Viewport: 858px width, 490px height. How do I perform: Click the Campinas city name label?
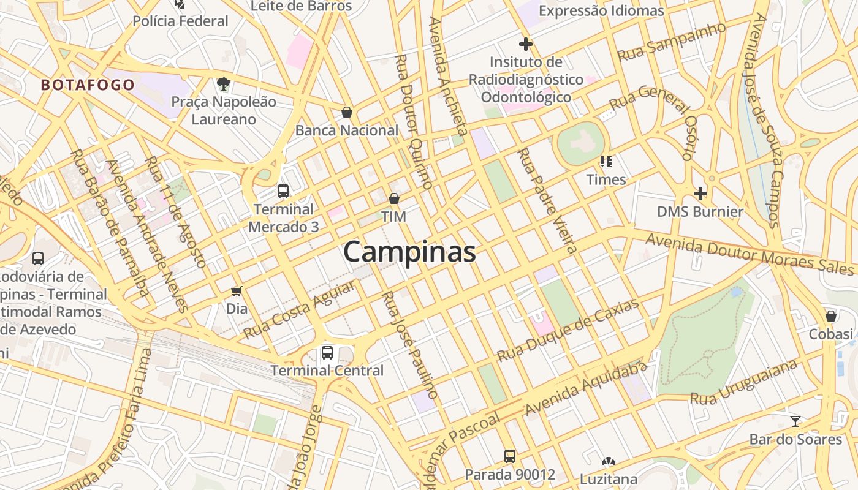click(409, 252)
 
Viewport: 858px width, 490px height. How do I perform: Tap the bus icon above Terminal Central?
click(327, 353)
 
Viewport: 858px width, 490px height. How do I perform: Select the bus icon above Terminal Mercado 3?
click(283, 190)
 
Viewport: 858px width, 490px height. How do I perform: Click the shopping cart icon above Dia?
click(237, 291)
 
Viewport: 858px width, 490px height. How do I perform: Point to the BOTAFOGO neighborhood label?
click(88, 85)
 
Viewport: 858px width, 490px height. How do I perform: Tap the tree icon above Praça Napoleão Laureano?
click(224, 83)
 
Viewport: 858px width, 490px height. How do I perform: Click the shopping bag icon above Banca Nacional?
click(347, 112)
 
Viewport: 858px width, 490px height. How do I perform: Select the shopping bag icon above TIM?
click(394, 198)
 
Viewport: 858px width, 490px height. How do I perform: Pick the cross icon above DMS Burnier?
click(700, 194)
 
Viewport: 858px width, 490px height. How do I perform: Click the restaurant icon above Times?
click(606, 162)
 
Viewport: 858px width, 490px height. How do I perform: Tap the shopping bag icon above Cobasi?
click(831, 316)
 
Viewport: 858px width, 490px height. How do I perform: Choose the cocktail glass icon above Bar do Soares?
click(795, 421)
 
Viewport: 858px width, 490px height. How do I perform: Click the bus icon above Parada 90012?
click(510, 456)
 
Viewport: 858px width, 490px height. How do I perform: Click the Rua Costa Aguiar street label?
click(300, 310)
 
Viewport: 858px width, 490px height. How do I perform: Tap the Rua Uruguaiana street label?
click(744, 382)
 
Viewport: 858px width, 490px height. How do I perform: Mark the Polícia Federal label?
click(180, 21)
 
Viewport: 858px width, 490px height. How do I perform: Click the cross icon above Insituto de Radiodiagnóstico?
click(525, 44)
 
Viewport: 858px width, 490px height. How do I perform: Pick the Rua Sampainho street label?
click(671, 42)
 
